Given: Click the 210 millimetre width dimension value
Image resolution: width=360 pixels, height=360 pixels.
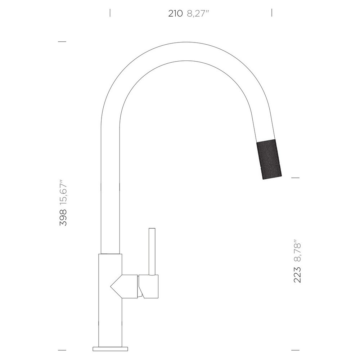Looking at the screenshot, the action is click(175, 14).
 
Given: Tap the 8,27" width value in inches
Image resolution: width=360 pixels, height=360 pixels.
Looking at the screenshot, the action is click(198, 14).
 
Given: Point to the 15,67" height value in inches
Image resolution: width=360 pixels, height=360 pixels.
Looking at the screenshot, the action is click(63, 192).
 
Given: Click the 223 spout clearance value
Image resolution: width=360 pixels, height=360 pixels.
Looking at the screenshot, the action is click(297, 275).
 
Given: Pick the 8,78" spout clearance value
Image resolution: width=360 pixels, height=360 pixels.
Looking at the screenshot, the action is click(297, 251).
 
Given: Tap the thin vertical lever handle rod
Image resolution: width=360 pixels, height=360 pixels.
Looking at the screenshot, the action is click(152, 251).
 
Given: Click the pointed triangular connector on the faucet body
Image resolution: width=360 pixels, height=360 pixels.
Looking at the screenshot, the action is click(124, 286).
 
